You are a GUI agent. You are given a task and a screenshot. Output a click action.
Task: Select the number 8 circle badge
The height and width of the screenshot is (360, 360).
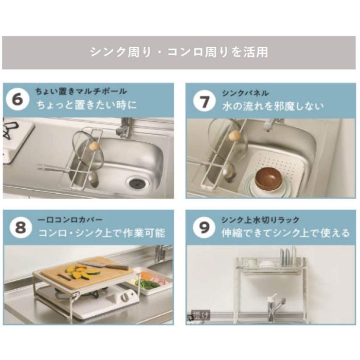[x=18, y=228]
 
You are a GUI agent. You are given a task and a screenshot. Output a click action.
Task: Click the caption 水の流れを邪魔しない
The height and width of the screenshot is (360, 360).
[x=273, y=105]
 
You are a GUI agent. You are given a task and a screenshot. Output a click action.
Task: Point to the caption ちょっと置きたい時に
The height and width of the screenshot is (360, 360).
[x=86, y=105]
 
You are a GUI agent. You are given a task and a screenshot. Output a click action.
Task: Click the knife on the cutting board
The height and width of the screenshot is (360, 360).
[x=102, y=265]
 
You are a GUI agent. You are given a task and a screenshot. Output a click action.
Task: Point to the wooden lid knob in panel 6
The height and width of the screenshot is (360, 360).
[x=95, y=145]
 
